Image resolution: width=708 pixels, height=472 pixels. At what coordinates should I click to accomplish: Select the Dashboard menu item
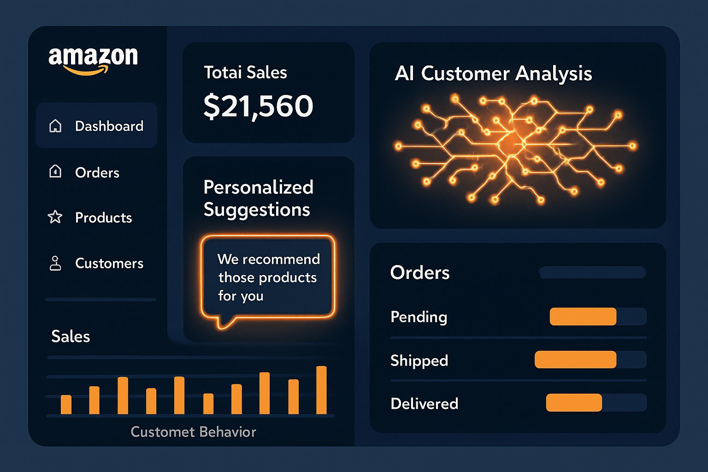tap(109, 126)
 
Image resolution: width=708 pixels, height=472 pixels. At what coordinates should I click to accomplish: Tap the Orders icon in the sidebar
tap(55, 171)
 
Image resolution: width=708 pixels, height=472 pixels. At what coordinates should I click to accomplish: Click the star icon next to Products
tap(55, 217)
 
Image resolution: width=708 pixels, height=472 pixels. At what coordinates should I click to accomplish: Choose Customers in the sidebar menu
tap(109, 263)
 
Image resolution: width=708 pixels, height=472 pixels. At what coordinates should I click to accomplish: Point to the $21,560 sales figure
tap(258, 106)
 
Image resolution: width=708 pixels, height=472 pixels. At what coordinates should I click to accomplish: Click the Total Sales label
tap(245, 72)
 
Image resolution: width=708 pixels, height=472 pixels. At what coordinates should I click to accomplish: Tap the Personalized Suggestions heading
tap(258, 198)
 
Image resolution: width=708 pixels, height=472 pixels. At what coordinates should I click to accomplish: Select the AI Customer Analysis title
tap(493, 74)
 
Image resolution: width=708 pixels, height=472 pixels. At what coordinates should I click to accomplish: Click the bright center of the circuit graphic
tap(512, 143)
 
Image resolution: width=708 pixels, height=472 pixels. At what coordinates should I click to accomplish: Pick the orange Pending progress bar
tap(583, 317)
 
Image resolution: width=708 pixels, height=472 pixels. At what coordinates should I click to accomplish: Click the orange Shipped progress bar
tap(575, 360)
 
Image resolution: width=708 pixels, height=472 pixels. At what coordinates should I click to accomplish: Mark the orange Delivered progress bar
tap(574, 402)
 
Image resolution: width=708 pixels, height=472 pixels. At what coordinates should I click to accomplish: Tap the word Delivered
tap(424, 404)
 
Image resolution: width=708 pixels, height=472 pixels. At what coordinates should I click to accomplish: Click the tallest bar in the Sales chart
tap(321, 390)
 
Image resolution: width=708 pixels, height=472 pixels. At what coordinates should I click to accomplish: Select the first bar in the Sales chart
tap(66, 404)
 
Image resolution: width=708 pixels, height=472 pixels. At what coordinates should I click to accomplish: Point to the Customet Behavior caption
tap(193, 432)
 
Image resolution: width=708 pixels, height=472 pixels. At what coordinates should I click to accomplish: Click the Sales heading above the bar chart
tap(71, 336)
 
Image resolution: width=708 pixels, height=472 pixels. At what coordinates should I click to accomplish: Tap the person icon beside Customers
tap(55, 263)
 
